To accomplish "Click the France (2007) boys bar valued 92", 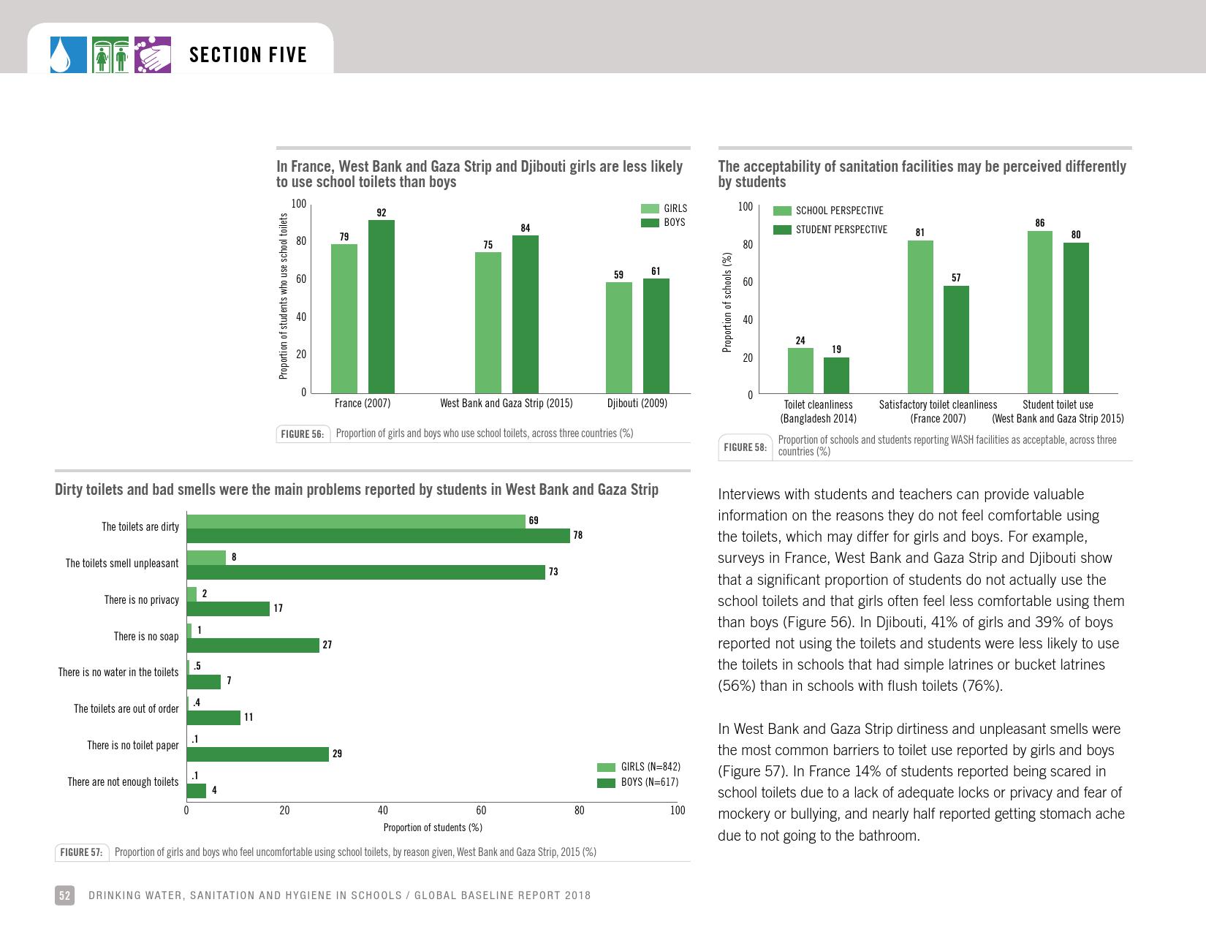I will [381, 306].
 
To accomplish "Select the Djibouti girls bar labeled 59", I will [618, 337].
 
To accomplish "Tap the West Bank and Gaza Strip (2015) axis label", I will [506, 404].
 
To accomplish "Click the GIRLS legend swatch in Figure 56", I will [650, 209].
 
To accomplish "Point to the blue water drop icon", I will [68, 55].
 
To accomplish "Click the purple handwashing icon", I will [152, 55].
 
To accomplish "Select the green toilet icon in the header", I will [110, 55].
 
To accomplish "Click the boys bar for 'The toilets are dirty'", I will [378, 536].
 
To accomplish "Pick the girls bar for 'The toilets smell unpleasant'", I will [206, 558].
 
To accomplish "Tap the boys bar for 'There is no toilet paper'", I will [258, 754].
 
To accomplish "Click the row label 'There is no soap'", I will [146, 637].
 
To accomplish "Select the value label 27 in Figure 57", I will [327, 645].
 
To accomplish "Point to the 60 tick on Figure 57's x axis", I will [481, 810].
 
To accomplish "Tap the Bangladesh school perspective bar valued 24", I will [800, 371].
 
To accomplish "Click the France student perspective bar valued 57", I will [956, 340].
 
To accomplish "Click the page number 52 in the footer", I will [64, 895].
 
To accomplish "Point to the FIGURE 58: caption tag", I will [745, 447].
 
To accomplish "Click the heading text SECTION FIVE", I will [248, 55].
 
